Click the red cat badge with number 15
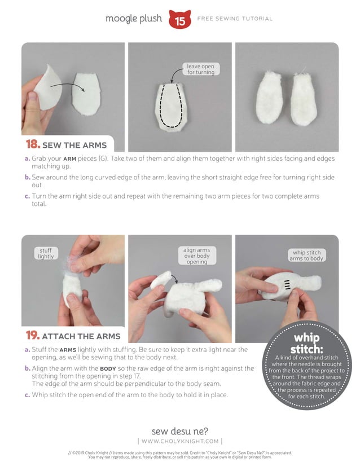coord(180,19)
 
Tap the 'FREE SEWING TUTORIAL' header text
coord(235,19)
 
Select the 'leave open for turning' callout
coord(201,69)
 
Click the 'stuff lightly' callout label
coord(46,253)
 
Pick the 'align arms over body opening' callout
coord(196,256)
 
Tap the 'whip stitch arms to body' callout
coord(306,256)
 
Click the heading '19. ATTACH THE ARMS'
coord(73,336)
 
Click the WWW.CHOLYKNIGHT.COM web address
coord(180,441)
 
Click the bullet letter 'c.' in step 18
coord(27,196)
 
